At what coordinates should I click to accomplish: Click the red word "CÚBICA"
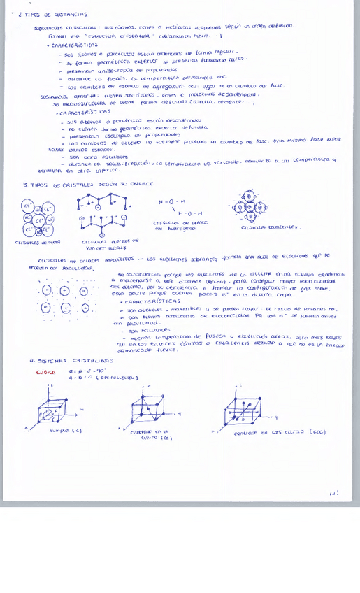[46, 373]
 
